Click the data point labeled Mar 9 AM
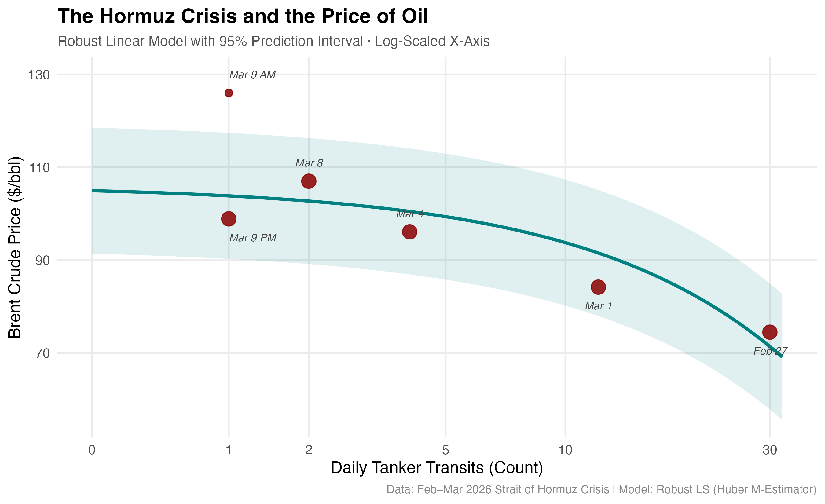click(x=229, y=93)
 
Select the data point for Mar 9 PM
click(x=229, y=219)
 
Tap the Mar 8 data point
click(x=309, y=181)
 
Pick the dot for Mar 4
click(x=409, y=232)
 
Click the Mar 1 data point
click(x=598, y=287)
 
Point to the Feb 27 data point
click(x=770, y=332)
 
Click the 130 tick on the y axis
click(x=39, y=75)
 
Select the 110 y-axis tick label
click(x=39, y=167)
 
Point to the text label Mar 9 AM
click(x=252, y=75)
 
